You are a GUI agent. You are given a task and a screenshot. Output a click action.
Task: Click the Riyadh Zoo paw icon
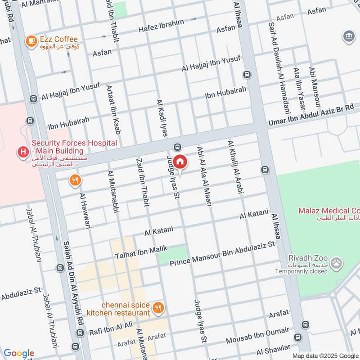coord(336,263)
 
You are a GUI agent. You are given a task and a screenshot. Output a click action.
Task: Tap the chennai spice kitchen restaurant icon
coord(158,308)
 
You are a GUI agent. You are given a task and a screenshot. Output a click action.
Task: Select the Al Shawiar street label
coord(273,350)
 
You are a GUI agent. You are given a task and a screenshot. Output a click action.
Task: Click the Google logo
coord(18,353)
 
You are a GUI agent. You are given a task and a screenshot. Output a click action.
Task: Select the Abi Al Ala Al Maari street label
coord(204,176)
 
